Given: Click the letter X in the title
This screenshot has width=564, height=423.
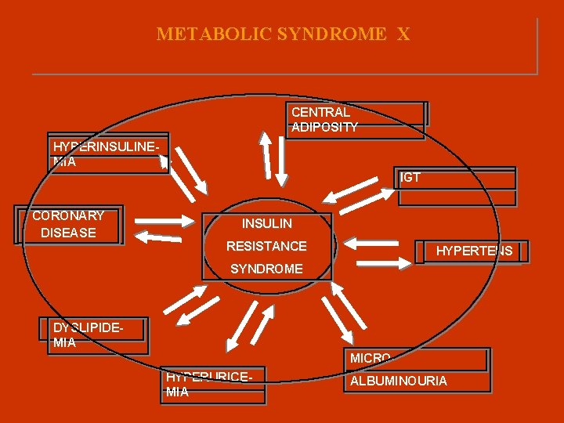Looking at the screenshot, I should pos(403,34).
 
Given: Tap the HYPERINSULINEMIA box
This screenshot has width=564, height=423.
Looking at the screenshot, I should pos(109,153).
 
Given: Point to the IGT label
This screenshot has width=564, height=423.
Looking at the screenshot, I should pos(410,178).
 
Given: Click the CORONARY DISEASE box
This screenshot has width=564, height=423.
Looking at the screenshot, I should pos(69,225).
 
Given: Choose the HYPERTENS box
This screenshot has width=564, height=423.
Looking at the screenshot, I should pos(473,251).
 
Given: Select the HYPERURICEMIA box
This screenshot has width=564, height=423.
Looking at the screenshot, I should pos(212,385).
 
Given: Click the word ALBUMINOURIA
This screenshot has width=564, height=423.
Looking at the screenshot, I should pos(399,381).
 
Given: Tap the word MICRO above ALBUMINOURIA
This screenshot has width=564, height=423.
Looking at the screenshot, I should pos(370,359).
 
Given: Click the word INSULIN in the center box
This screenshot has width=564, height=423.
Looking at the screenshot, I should pos(266,225).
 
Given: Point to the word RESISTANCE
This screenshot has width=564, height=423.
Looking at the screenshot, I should pos(266,247).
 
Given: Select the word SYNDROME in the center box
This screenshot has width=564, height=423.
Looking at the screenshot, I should pos(266,269).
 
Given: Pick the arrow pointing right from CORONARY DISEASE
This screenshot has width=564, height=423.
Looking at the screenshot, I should pos(167,220).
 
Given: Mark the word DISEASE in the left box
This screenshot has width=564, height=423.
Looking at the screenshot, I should pos(68,233).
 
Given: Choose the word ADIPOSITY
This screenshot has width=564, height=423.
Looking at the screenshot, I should pos(324,127).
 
